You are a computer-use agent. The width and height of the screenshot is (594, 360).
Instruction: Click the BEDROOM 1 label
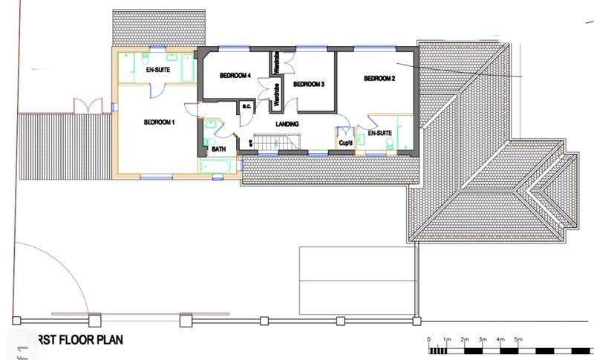[x=159, y=122]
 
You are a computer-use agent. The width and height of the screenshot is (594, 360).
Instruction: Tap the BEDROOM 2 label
[x=379, y=79]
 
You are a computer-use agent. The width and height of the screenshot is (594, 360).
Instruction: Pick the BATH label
[x=219, y=149]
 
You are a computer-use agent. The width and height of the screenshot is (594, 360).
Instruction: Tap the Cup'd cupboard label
[x=345, y=143]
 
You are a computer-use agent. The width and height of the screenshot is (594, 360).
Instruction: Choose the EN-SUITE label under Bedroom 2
[x=379, y=134]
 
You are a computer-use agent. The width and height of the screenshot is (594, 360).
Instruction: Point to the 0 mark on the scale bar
[x=429, y=339]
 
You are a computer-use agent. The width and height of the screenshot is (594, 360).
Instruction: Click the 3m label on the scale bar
[x=483, y=339]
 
